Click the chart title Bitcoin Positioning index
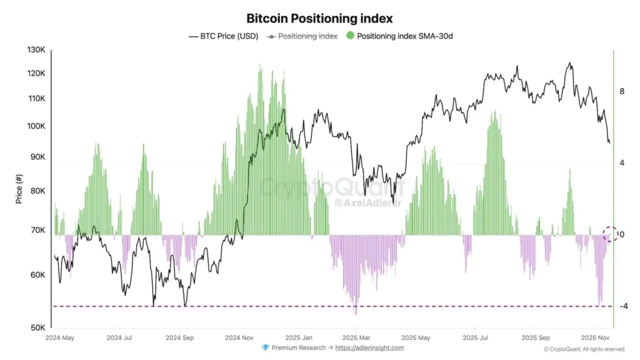click(319, 19)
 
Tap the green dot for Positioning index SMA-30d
click(350, 36)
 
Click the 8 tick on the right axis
click(622, 91)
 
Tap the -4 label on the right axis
click(622, 306)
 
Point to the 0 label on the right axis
click(622, 235)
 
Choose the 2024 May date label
click(60, 337)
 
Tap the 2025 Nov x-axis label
click(596, 337)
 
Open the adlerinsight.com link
click(369, 348)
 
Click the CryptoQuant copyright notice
click(584, 349)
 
